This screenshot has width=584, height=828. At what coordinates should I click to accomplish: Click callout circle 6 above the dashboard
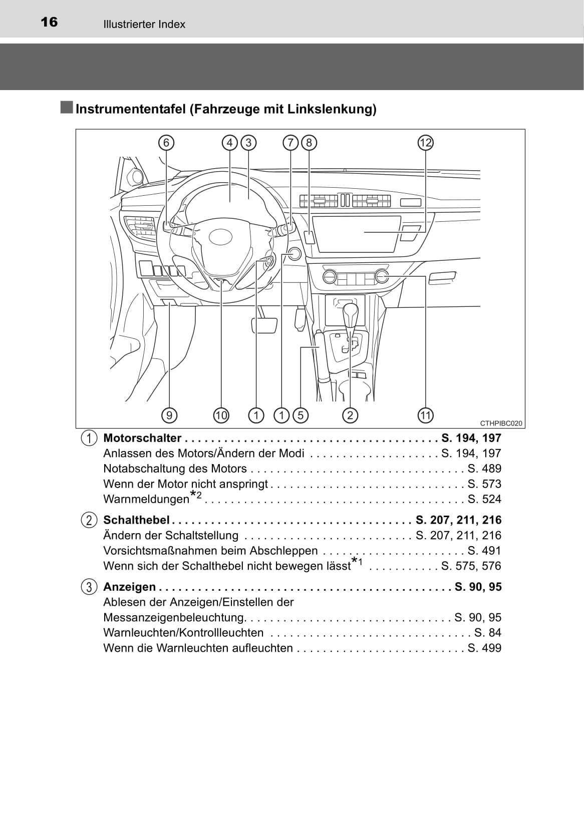tap(166, 143)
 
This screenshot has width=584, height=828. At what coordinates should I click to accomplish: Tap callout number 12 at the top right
tap(425, 143)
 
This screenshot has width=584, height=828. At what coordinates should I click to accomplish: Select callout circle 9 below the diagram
tap(169, 415)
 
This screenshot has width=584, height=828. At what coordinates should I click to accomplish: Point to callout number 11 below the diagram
tap(425, 415)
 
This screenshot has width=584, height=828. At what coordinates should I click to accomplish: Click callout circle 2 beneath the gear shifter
tap(350, 415)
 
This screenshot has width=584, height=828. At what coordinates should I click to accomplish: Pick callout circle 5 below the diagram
tap(301, 415)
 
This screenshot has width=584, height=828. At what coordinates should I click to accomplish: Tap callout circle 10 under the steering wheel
tap(221, 415)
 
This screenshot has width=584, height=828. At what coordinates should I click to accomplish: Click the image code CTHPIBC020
tap(501, 423)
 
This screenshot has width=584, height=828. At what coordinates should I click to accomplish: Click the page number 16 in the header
tap(49, 22)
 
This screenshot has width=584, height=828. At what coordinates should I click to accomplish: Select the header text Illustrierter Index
tap(144, 25)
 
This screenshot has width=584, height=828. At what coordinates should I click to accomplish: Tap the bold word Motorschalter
tap(142, 438)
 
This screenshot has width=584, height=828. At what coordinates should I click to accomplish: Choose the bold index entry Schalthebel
tap(136, 520)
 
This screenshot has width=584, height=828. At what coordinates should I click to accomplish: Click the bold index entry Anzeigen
tap(129, 587)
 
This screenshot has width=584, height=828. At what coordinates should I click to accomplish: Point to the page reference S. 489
tap(484, 469)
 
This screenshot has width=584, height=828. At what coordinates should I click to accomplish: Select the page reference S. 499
tap(484, 648)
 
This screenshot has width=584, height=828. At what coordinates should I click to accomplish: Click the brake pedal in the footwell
tap(264, 325)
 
